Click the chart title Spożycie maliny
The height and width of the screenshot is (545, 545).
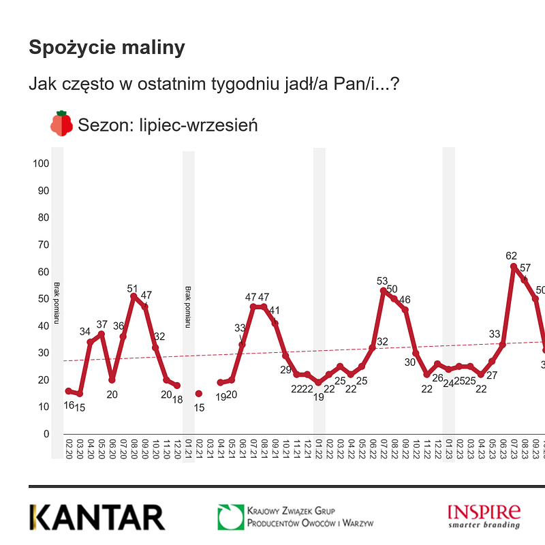point(107,48)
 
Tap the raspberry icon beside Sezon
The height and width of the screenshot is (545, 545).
point(61,123)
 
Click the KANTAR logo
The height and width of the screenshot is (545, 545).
point(97,517)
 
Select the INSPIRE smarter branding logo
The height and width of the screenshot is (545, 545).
point(484,516)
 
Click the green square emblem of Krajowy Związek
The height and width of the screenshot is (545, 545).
point(230,517)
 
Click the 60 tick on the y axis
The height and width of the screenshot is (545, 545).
point(42,272)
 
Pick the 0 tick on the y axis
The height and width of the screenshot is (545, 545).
point(46,434)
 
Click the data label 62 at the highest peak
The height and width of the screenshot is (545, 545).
point(512,256)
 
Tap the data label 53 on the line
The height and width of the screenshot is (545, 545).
point(382,281)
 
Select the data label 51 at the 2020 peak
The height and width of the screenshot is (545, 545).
point(133,287)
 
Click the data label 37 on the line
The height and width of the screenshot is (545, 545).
point(102,324)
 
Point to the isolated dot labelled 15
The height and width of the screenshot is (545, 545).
point(198,394)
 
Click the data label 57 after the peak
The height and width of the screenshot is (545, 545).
point(525,267)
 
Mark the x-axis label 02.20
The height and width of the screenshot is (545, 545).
point(68,449)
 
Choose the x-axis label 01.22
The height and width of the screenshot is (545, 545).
point(318,449)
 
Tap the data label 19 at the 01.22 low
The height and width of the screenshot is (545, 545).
point(318,396)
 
